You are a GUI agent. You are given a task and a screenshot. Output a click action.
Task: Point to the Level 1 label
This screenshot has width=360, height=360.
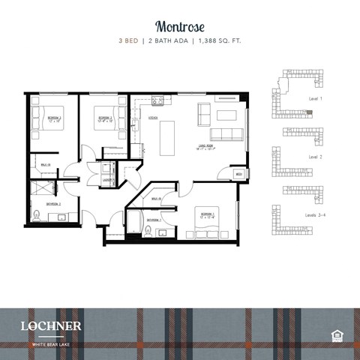coord(316,99)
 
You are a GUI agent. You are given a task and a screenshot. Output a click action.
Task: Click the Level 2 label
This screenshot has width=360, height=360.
coord(316,157)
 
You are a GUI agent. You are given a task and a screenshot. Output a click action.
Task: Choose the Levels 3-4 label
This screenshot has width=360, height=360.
coord(316,214)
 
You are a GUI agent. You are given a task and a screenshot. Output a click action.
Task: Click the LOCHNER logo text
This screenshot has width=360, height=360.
coord(51,325)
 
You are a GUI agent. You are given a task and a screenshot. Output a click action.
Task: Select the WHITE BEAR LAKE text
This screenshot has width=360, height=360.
coord(50,344)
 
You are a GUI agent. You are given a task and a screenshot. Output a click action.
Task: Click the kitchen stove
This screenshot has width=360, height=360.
coord(157,101)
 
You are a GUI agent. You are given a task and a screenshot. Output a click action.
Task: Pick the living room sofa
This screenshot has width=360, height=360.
coord(226,134)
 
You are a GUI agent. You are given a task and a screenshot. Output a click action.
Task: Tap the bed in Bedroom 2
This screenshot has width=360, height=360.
coord(104,118)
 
